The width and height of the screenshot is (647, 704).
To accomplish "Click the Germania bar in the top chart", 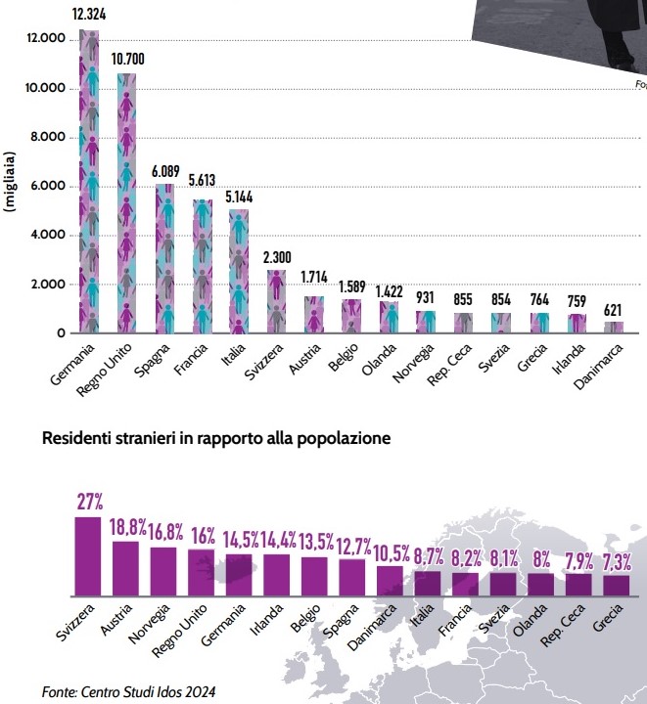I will point(89,181).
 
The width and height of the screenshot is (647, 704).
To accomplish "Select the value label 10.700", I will point(126,59).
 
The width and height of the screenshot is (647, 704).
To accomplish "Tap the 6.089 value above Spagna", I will point(165,170).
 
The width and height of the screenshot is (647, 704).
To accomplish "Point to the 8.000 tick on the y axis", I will point(47,137).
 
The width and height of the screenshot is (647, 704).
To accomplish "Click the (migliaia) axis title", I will point(11,182).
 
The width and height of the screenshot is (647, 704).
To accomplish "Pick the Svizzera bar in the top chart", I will point(276,301).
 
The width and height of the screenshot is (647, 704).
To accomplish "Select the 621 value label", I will point(614,310).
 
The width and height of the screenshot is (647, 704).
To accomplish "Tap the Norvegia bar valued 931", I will point(425,322).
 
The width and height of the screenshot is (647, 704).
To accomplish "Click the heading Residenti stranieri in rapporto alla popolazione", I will point(216,439).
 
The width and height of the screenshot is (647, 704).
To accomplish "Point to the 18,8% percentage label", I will point(127,528).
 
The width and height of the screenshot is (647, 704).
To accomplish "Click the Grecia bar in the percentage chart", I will point(616,586).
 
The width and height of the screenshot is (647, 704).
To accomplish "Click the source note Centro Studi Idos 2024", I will point(128,691).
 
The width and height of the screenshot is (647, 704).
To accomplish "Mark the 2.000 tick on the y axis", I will point(47,285).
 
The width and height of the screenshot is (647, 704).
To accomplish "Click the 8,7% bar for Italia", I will point(428,584).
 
